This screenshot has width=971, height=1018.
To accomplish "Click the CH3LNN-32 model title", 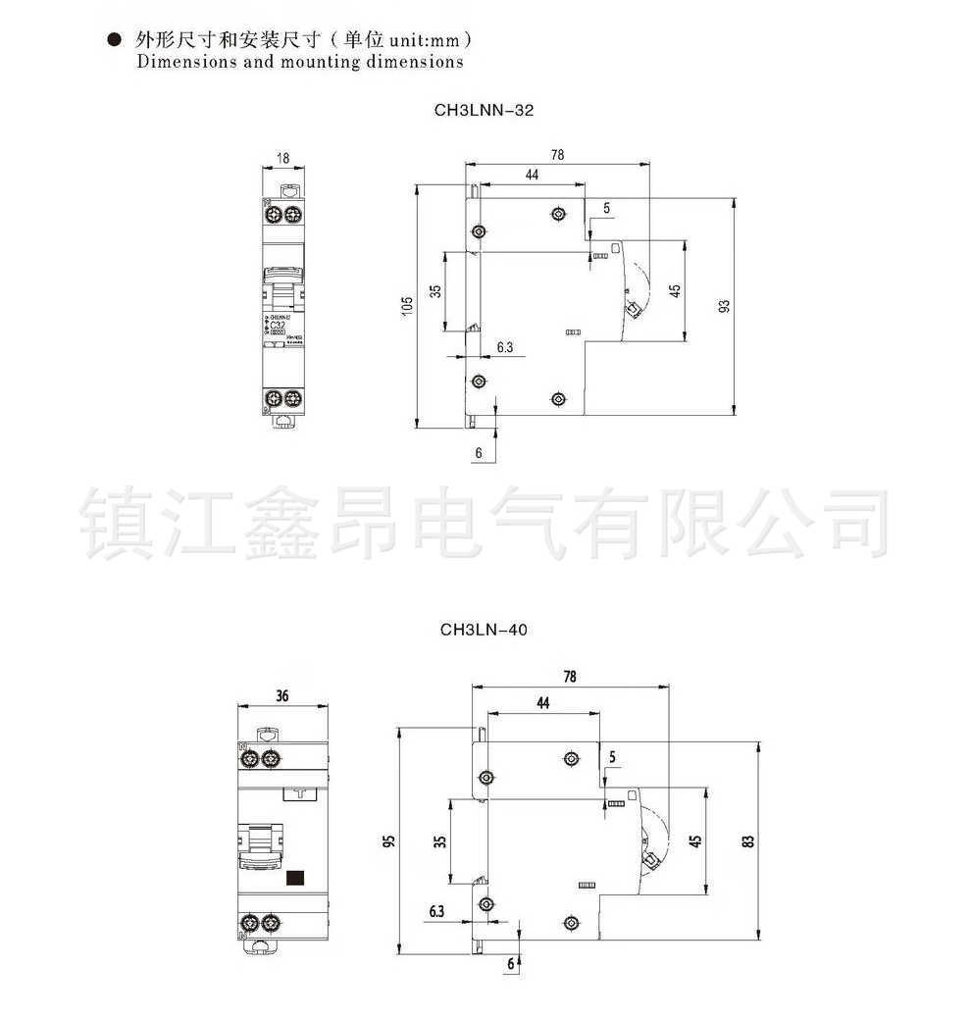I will [484, 111].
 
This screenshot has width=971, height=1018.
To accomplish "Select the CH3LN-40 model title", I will [484, 630].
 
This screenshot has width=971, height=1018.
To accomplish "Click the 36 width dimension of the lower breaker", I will [282, 696].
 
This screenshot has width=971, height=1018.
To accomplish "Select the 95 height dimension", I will [389, 841].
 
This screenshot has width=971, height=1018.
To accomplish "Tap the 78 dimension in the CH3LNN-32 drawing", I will [557, 154].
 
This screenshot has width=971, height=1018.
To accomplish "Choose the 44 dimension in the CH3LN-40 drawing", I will [542, 702].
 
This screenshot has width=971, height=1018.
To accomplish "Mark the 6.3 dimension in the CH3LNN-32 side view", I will [505, 347].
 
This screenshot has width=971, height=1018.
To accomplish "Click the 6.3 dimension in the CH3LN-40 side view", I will [436, 911].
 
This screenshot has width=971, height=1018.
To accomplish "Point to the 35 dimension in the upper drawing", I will [435, 291].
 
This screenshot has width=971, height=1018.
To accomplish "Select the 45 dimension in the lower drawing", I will [694, 840].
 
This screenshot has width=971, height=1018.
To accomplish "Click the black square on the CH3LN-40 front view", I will [295, 878].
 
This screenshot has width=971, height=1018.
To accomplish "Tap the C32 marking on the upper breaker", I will [280, 325].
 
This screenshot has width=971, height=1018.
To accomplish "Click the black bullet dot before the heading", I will [114, 41].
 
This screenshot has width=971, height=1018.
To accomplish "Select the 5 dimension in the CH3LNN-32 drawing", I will [606, 208].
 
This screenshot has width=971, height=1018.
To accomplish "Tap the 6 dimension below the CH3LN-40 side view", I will [510, 963].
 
